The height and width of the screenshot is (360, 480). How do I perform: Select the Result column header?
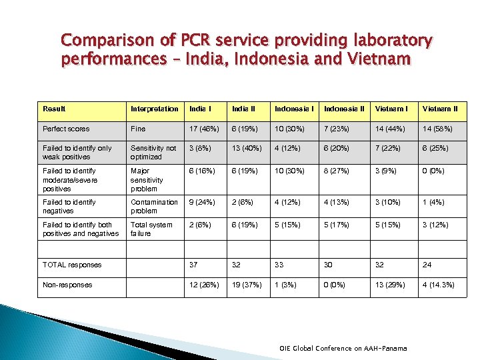click(54, 109)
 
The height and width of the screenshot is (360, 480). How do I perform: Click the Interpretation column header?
click(155, 109)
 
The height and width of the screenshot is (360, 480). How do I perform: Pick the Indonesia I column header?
click(293, 109)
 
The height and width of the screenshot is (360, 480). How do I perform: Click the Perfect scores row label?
click(66, 129)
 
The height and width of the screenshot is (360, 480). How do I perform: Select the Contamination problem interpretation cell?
click(154, 206)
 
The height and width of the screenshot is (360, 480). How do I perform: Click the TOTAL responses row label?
click(72, 265)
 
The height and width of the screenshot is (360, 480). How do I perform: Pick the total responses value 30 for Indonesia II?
click(329, 265)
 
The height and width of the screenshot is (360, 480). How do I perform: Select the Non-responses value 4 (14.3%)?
click(439, 285)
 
